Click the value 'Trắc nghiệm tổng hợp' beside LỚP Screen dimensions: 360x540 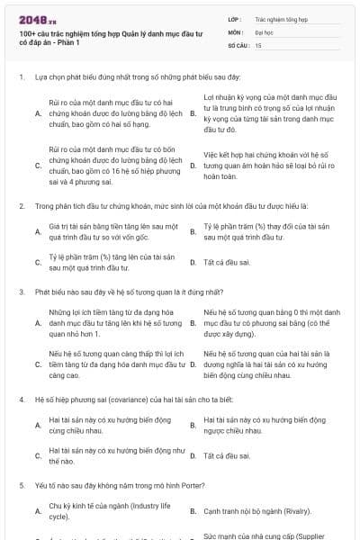[x=281, y=18]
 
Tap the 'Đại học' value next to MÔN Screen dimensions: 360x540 [x=264, y=31]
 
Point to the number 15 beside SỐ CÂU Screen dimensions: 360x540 [x=258, y=44]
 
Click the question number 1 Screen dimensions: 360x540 [x=21, y=77]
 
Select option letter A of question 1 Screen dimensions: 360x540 [x=37, y=114]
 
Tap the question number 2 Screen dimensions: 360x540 [x=21, y=206]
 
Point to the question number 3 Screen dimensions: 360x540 [x=21, y=292]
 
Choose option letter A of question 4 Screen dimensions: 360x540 [x=37, y=425]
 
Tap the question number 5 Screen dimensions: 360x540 [x=21, y=485]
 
